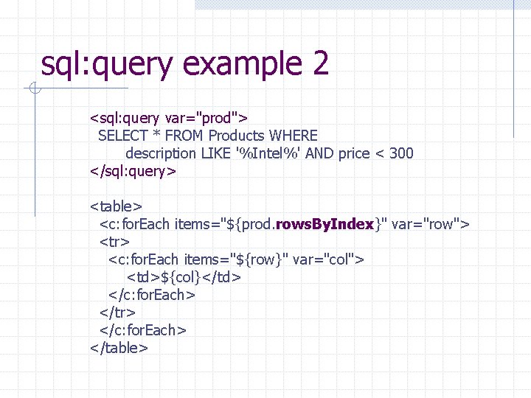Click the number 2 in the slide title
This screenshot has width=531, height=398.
coord(320,64)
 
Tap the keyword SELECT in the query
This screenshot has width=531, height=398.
coord(122,136)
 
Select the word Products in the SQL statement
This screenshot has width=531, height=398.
coord(237,136)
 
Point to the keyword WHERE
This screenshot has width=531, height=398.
coord(294,136)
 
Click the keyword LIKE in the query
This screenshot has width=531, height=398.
coord(215,154)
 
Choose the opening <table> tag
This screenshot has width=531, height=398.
coord(116,206)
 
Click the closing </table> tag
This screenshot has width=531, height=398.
coord(119,348)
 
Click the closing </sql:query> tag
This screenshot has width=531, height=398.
coord(133,172)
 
